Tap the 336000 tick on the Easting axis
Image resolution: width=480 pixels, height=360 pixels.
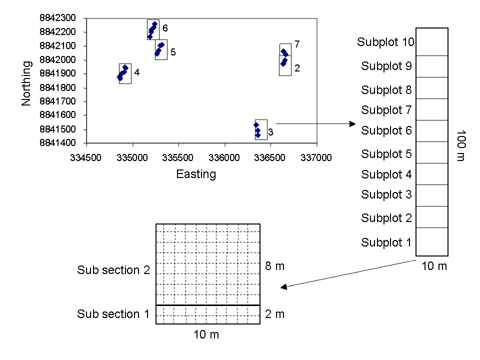(224, 157)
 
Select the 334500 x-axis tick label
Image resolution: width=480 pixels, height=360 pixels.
(86, 157)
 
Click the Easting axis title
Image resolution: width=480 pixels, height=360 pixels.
(196, 174)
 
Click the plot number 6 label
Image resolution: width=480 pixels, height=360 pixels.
(165, 28)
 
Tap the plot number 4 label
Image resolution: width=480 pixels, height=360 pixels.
(137, 72)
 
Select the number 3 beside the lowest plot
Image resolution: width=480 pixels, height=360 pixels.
(270, 132)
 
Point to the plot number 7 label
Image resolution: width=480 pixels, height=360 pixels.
(297, 44)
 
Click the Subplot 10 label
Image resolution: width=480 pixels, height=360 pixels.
(385, 42)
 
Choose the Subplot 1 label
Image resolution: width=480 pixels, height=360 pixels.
(386, 243)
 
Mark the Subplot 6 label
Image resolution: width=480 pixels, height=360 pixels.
(386, 131)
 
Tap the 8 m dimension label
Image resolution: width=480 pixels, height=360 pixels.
(274, 266)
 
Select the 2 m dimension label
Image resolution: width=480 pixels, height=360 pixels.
(274, 314)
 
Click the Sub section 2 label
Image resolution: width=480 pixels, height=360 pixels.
(113, 270)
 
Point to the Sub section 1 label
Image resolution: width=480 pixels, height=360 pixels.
(113, 314)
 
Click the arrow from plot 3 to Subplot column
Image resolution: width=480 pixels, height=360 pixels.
(315, 123)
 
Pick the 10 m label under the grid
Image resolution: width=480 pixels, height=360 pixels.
(206, 334)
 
